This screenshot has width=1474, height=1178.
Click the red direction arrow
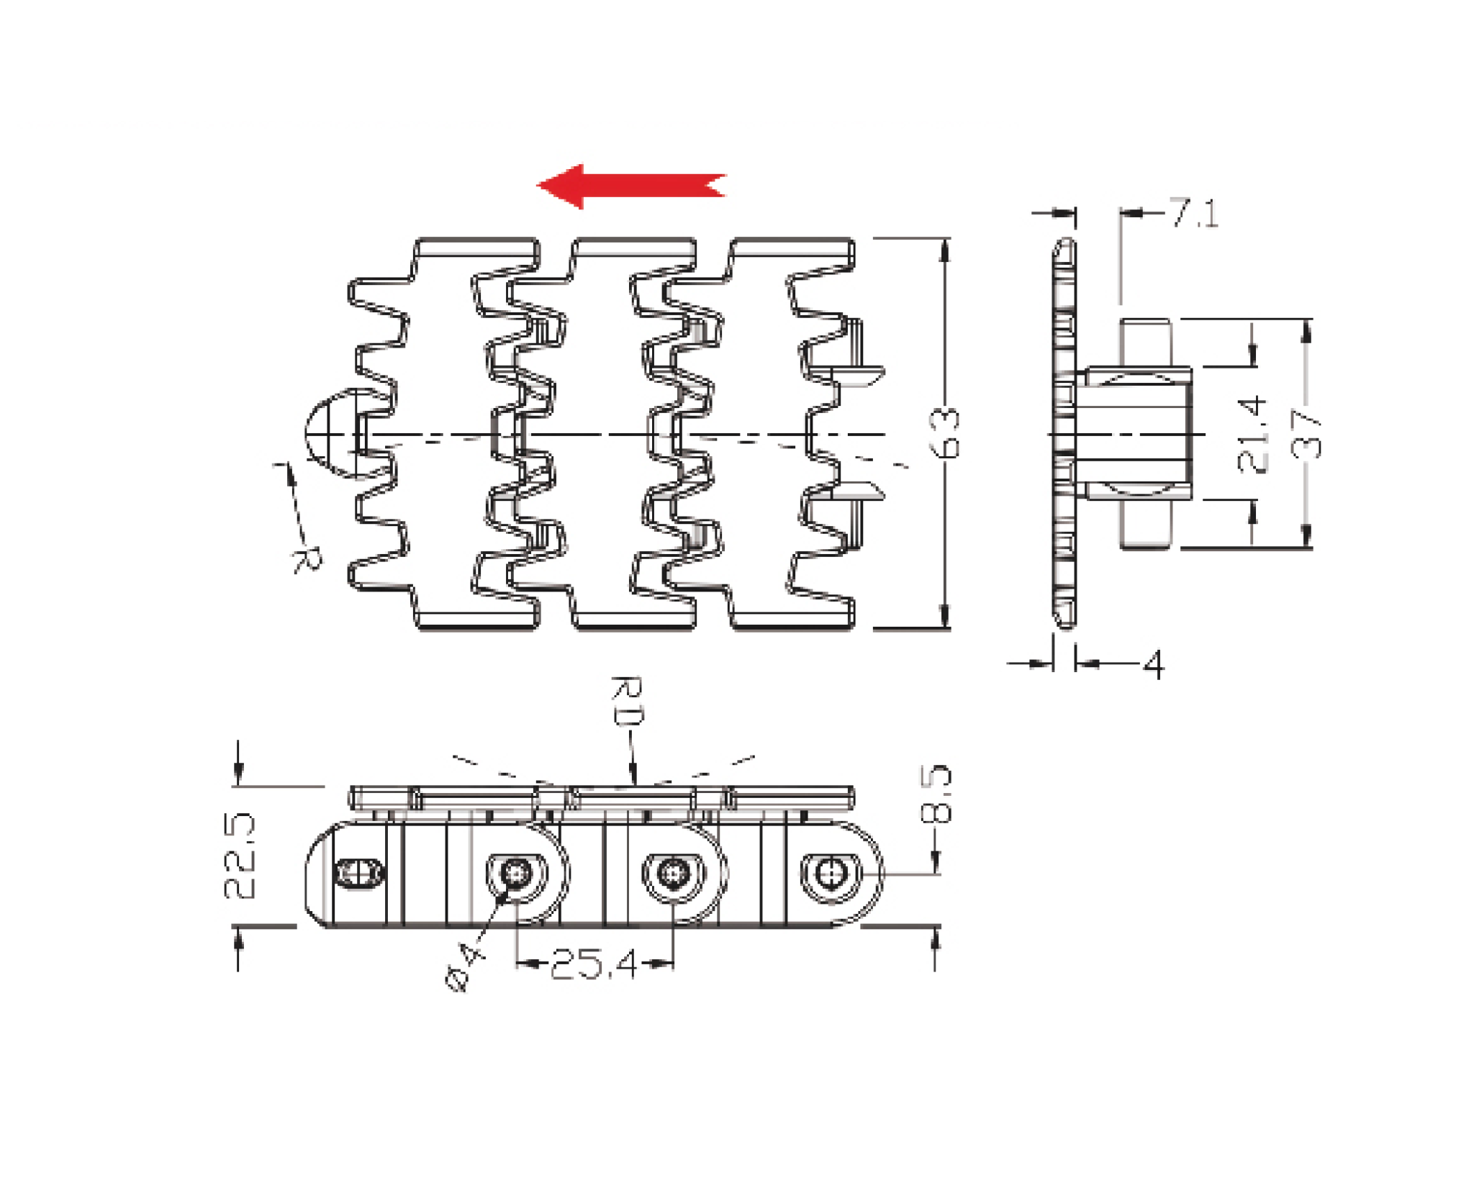coord(631,186)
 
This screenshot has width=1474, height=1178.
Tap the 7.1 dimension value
coord(1194,213)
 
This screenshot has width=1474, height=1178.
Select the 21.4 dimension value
coord(1252,434)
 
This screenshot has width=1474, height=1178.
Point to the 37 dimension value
coord(1307,434)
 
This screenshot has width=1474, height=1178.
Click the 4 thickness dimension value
coord(1153,664)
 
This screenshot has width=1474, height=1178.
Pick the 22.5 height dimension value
coord(240,856)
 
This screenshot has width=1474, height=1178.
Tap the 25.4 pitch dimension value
coord(594,964)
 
